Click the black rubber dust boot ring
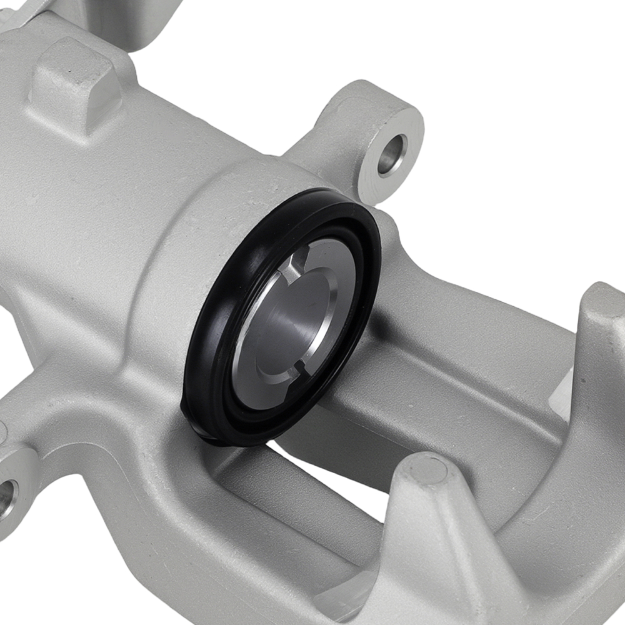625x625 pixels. tap(206, 350)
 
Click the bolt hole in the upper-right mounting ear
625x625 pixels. tap(392, 154)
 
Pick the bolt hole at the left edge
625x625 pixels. tap(6, 497)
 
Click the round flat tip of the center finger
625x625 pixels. tap(428, 469)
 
